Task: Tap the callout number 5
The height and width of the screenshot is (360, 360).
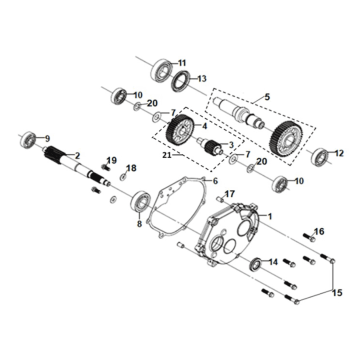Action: tap(266, 96)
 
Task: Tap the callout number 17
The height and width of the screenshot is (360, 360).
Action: tap(229, 192)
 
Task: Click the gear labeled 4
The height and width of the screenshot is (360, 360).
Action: tap(180, 131)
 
